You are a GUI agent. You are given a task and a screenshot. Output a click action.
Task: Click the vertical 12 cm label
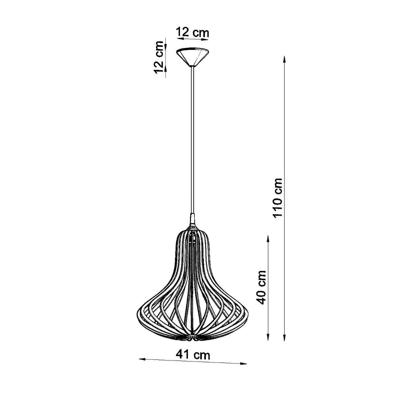pos(159,57)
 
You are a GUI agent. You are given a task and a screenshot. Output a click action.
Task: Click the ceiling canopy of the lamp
pos(192,57)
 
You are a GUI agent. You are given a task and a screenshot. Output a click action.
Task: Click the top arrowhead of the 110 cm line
pos(285,59)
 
